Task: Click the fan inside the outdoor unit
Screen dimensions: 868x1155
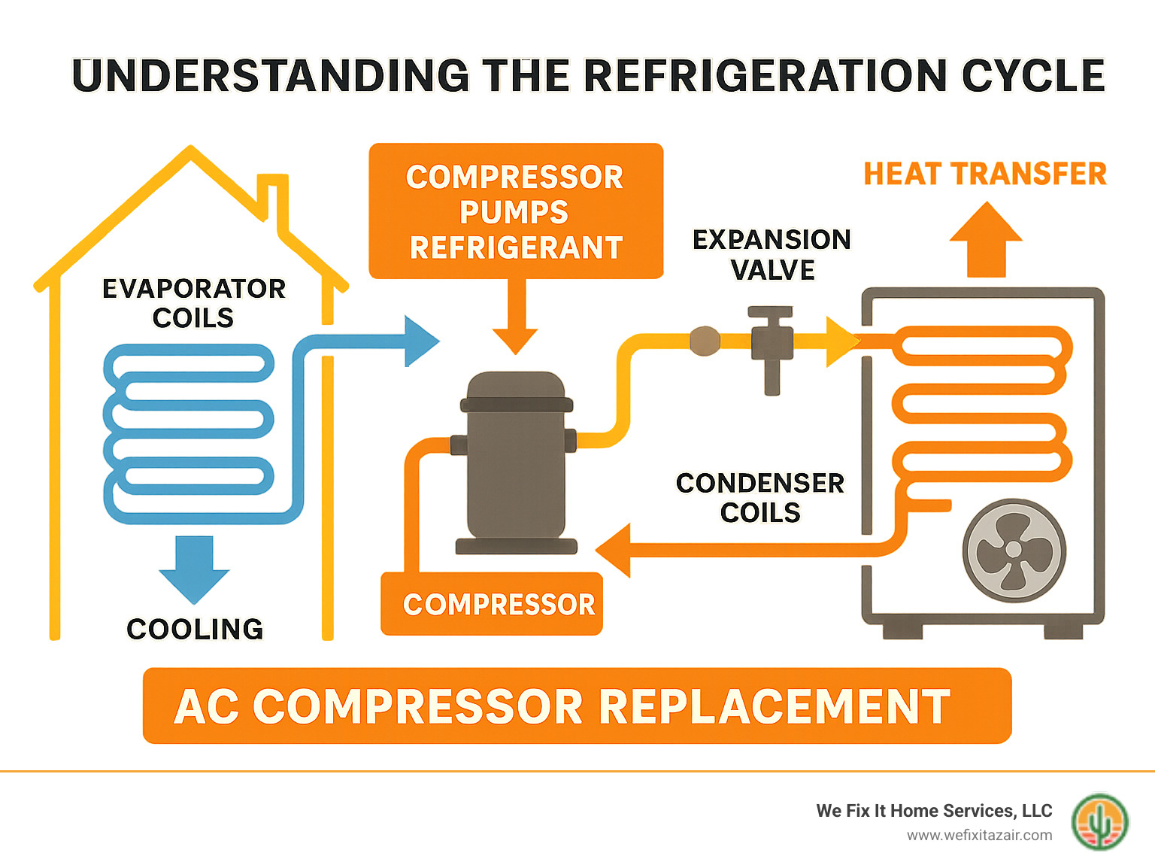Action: coord(1014,550)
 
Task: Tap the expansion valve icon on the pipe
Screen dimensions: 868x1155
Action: coord(772,345)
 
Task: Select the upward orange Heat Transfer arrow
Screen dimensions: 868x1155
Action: coord(986,239)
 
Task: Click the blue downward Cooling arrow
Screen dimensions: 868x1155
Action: coord(194,569)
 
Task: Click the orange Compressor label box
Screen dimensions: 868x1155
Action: coord(492,604)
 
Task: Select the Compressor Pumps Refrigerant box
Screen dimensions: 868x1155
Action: coord(516,211)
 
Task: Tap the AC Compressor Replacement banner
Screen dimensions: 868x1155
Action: coord(577,706)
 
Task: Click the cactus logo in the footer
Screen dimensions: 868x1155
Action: coord(1099,822)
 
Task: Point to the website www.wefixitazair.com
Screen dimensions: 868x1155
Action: coord(979,835)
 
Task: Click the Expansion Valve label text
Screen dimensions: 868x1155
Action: coord(772,254)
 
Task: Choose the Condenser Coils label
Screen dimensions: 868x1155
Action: coord(760,497)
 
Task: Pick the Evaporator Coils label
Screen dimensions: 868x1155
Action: coord(194,302)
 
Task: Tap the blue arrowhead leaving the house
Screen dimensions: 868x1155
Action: coord(420,341)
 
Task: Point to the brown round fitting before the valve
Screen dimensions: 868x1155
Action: coord(705,341)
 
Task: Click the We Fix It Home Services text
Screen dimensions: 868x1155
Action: coord(934,811)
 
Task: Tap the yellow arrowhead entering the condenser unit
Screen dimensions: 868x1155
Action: coord(841,341)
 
